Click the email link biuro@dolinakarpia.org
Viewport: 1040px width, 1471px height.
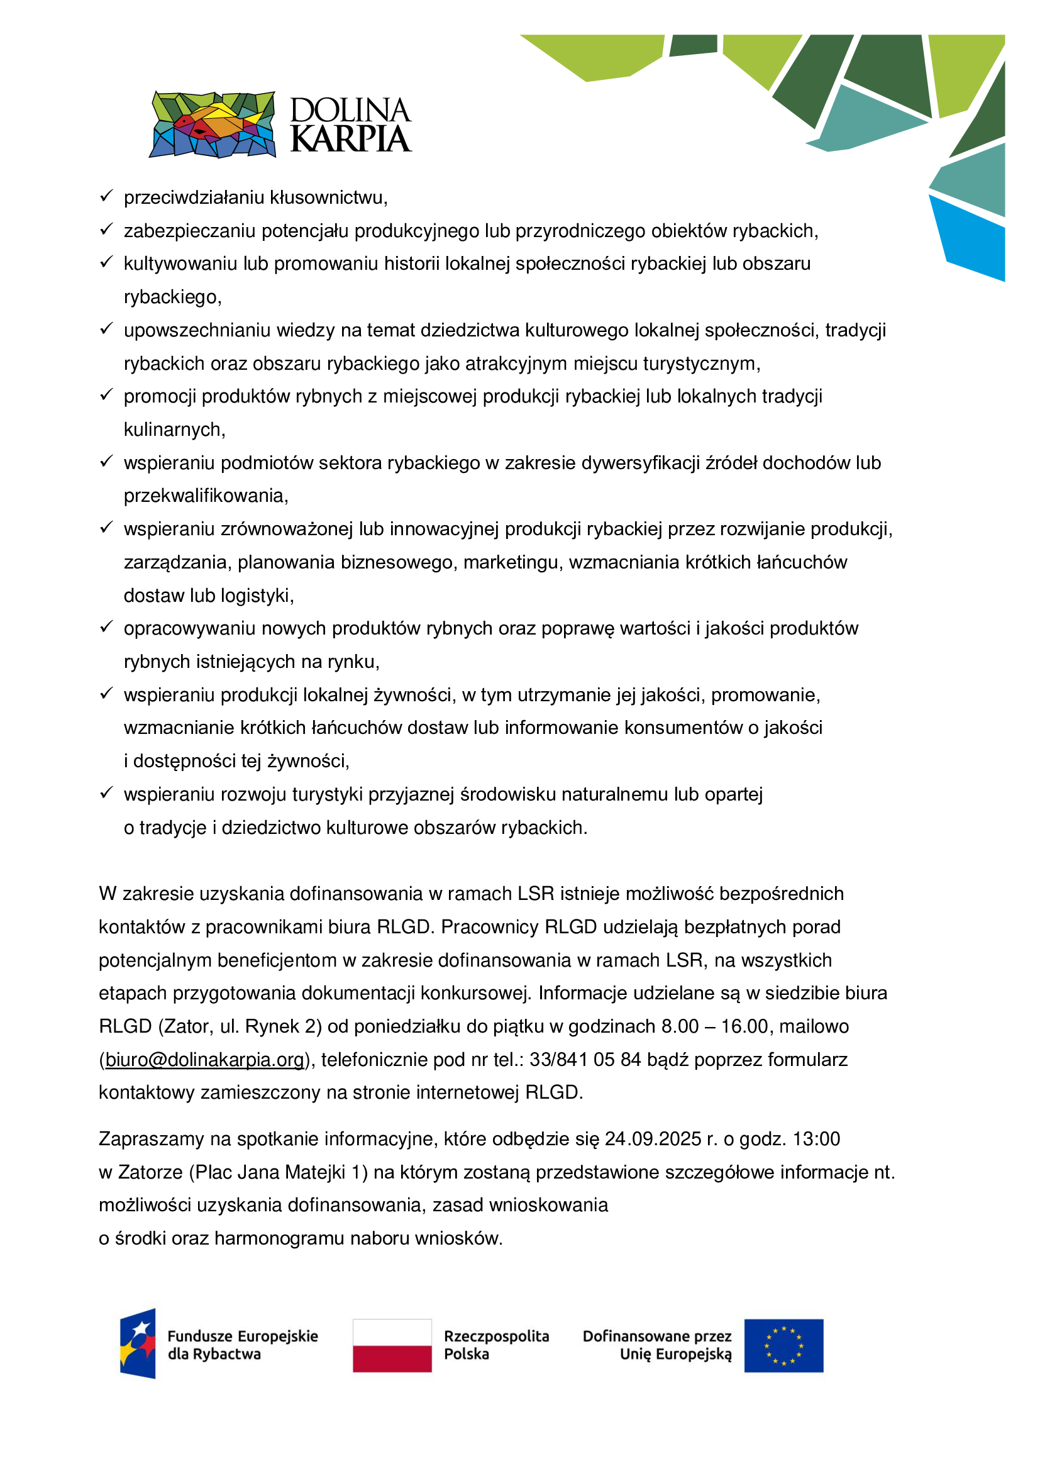204,1060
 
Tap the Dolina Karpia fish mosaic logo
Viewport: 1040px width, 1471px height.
213,125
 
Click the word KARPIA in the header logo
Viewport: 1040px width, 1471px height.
350,139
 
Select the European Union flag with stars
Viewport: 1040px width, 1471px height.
783,1345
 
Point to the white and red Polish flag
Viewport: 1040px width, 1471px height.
392,1345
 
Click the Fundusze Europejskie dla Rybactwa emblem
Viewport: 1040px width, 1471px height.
138,1343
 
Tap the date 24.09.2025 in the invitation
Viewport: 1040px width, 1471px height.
653,1139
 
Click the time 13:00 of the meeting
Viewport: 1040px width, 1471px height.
816,1139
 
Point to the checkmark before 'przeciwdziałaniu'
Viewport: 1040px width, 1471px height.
106,196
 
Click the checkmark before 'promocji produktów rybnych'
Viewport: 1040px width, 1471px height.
106,395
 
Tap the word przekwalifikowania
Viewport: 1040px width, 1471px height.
206,496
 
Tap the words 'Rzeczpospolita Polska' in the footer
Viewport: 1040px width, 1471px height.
495,1345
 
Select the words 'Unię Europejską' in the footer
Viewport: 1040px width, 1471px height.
675,1355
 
